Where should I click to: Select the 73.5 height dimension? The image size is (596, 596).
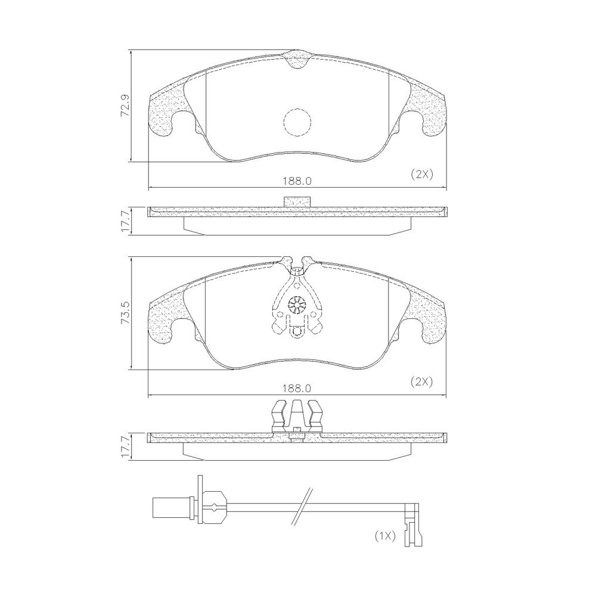click(126, 312)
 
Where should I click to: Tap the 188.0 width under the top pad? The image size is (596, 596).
click(297, 181)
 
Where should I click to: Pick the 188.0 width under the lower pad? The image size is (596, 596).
click(297, 389)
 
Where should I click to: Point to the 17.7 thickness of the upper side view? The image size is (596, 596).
click(126, 221)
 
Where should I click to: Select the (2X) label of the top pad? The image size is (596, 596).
click(422, 175)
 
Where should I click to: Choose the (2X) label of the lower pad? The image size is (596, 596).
click(422, 381)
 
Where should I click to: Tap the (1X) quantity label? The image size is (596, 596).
click(386, 536)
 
